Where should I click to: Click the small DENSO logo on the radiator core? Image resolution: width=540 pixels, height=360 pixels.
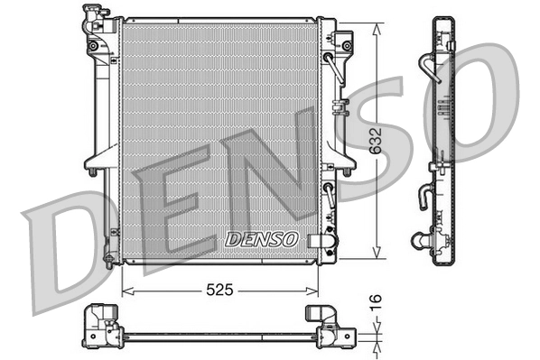click(260, 239)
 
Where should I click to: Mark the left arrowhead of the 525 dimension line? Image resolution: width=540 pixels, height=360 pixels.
click(126, 291)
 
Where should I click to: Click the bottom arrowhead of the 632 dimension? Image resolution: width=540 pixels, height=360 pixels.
click(377, 257)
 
